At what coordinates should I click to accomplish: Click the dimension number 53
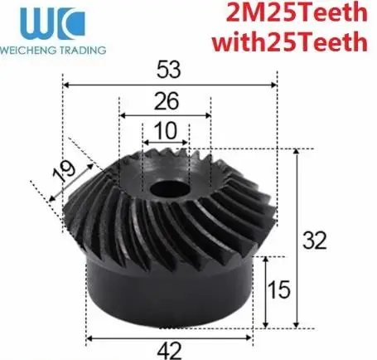pos(169,70)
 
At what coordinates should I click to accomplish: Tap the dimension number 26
pos(167,101)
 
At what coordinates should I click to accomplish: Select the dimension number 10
pos(166,130)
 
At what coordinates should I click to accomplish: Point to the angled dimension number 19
pos(64,172)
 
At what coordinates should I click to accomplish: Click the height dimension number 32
pos(315,241)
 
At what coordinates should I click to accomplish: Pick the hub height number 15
pos(279,289)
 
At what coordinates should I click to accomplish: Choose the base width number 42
pos(169,351)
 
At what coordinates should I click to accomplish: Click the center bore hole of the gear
pos(170,189)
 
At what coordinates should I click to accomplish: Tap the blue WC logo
pos(52,23)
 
